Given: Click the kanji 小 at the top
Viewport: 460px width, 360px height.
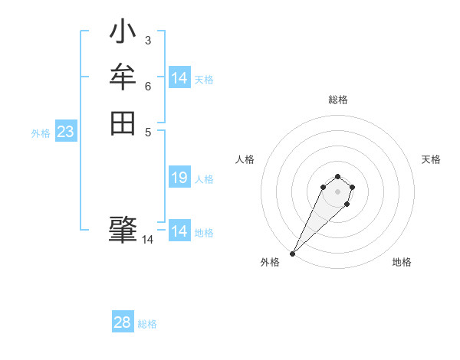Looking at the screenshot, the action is (123, 33).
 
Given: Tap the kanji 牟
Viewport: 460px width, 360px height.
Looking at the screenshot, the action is (123, 77).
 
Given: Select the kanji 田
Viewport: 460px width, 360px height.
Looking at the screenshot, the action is (123, 123).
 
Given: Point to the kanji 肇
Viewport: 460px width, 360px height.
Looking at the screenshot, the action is (123, 229).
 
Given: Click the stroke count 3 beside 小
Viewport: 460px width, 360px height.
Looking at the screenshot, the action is (147, 40).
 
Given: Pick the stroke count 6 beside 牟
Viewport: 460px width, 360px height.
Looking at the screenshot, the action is (147, 85).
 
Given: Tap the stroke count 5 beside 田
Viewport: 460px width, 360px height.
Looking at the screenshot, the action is (147, 131).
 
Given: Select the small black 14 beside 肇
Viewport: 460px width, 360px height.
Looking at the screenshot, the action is (148, 240).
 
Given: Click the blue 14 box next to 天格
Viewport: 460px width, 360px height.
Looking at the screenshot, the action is (179, 78).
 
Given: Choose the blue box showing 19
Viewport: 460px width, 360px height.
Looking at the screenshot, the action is (179, 178).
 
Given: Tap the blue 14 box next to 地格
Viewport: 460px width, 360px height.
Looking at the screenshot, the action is (179, 231).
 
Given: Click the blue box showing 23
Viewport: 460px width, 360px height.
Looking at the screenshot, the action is (66, 132).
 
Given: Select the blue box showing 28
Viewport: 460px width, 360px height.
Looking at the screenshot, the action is (123, 322).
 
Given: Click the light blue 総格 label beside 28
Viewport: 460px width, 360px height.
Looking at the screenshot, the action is (147, 324).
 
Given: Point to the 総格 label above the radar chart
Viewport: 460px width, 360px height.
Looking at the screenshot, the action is (337, 100).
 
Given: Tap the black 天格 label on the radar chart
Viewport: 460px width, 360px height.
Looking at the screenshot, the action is (431, 159).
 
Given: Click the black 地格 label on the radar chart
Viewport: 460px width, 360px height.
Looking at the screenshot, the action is (402, 262).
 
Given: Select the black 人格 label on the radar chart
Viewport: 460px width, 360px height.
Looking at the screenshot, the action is (245, 159).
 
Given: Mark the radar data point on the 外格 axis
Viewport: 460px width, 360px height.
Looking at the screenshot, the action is (293, 253).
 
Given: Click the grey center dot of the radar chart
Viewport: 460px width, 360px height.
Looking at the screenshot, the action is (337, 191).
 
